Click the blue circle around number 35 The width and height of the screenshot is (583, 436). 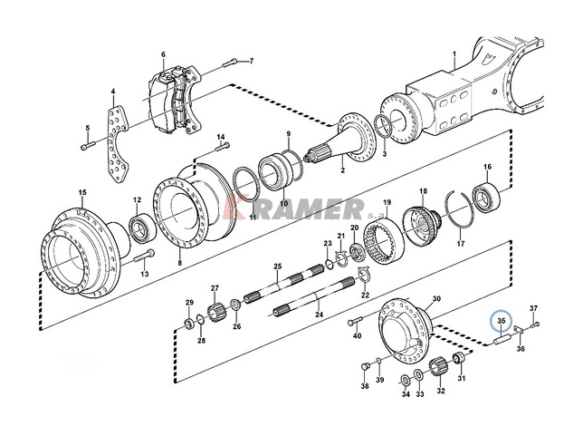coord(501,311)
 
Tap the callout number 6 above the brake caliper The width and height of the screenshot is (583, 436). coord(163,54)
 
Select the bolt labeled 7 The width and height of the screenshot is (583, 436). coord(229,63)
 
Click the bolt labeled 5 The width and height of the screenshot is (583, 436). coord(87,146)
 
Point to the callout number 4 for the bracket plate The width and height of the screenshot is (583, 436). coord(113,92)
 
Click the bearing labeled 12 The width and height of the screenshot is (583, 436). coord(141,228)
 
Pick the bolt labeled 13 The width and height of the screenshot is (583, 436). coord(145,257)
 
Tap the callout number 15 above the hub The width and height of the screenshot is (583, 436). coord(82,192)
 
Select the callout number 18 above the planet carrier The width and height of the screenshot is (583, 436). coord(423,191)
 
